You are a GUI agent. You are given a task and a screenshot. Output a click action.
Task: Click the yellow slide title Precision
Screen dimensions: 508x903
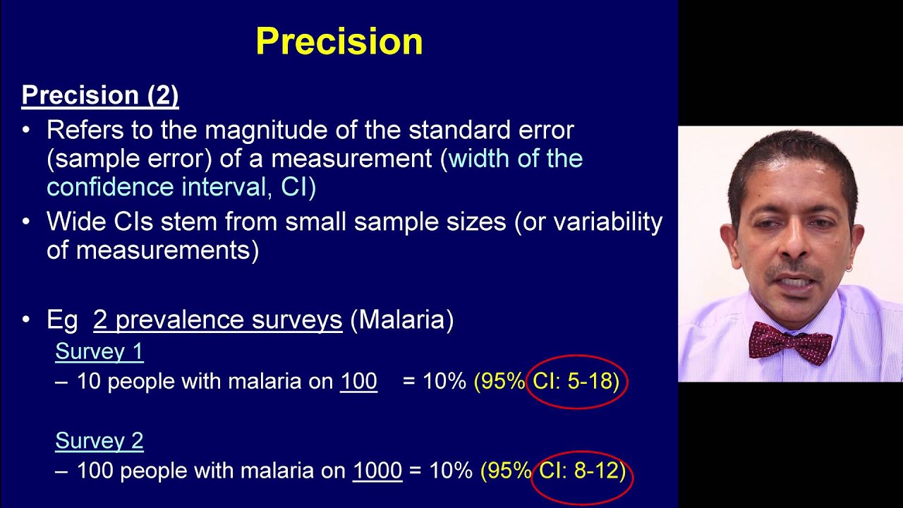click(x=339, y=42)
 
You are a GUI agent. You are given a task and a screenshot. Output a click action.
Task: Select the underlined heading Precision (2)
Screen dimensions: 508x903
click(x=100, y=95)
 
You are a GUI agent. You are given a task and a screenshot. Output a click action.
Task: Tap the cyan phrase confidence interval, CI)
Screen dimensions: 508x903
click(x=181, y=187)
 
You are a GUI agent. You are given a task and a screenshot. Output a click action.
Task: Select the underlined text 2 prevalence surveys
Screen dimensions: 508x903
click(x=217, y=320)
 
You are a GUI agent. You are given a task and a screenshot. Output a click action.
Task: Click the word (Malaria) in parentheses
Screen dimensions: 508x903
click(x=401, y=320)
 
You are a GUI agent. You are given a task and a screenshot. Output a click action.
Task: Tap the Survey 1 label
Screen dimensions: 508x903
click(x=99, y=351)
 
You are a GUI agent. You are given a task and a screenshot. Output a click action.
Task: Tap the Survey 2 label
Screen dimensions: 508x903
click(x=99, y=441)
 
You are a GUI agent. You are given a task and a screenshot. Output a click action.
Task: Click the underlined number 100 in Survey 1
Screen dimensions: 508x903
click(x=358, y=382)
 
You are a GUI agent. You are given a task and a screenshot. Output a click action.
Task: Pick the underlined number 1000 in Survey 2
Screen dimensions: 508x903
click(x=377, y=471)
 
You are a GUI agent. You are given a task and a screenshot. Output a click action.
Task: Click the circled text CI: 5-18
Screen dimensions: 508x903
click(x=576, y=382)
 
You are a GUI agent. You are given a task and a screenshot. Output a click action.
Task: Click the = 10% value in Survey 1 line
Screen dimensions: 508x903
click(x=434, y=382)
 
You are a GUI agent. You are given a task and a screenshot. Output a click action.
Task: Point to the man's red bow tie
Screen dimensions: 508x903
click(x=790, y=341)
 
